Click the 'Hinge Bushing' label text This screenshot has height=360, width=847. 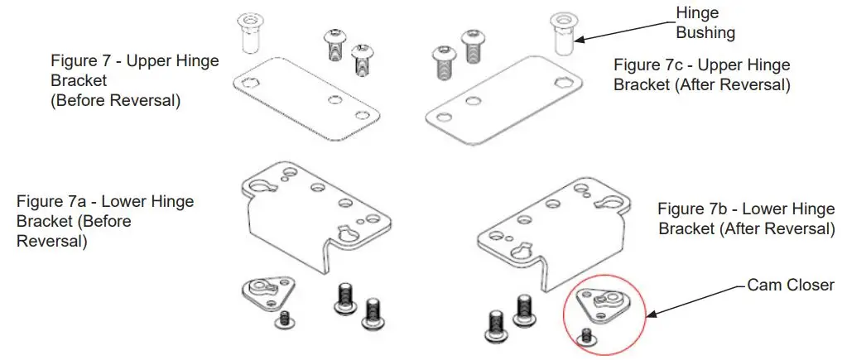tap(705, 23)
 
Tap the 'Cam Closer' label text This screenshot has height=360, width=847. tap(790, 285)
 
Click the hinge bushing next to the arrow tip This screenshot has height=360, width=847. tap(563, 33)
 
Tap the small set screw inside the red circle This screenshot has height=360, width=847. tap(587, 335)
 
